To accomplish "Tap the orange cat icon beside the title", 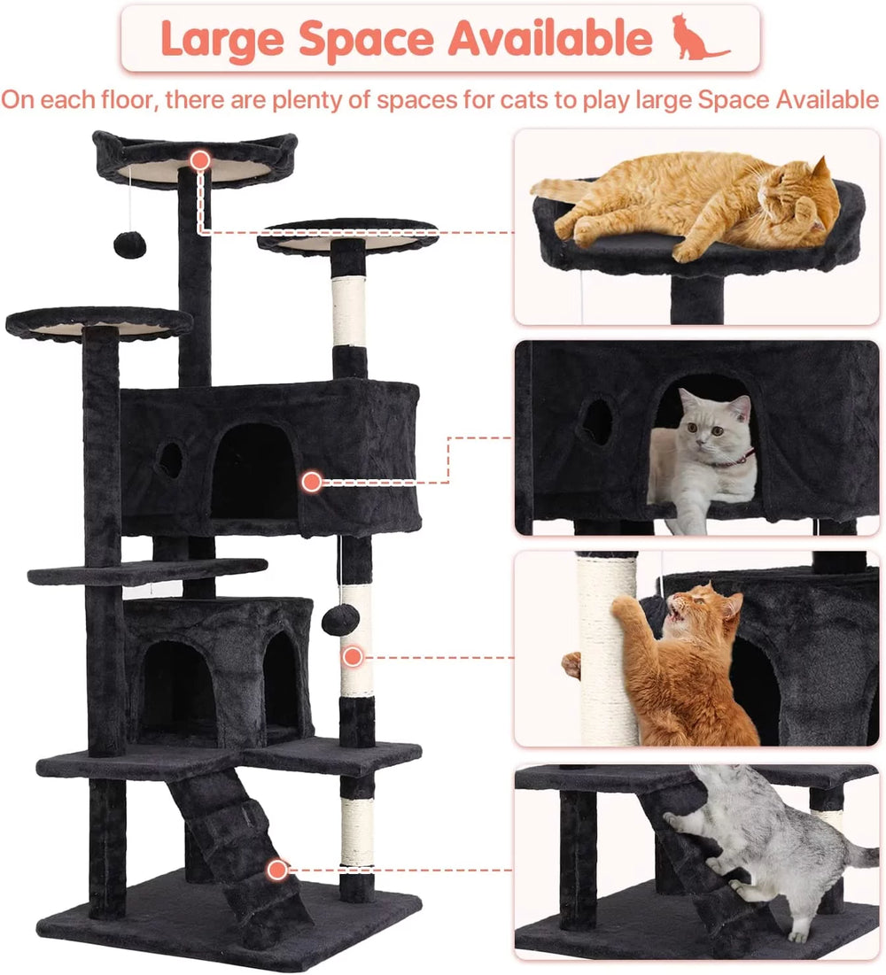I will click(697, 37).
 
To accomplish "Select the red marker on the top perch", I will click(200, 160).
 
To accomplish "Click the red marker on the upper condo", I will click(311, 482).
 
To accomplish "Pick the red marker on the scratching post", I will click(353, 657).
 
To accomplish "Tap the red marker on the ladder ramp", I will click(278, 870).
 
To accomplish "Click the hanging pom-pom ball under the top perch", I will click(132, 244).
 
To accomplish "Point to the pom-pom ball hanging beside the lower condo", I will click(341, 619).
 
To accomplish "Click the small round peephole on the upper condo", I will click(169, 458).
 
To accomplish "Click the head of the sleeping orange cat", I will click(802, 200).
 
